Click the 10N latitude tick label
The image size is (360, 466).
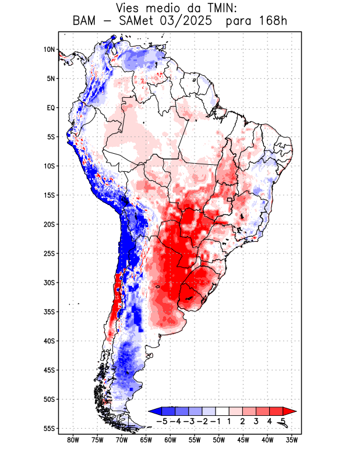tap(49, 50)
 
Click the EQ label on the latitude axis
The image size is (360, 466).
tap(50, 108)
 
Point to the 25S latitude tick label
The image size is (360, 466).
tap(49, 253)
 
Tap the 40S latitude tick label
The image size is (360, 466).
tap(49, 341)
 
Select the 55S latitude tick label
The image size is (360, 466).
tap(49, 428)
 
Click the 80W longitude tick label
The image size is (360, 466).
tap(73, 440)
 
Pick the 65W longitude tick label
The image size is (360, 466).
tap(146, 440)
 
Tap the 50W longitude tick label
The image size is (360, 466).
tap(219, 440)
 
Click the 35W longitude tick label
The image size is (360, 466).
tap(292, 440)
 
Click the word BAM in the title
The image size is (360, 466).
tap(86, 22)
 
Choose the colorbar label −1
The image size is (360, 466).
tap(215, 421)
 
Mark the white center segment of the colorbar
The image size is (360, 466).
tap(221, 411)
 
